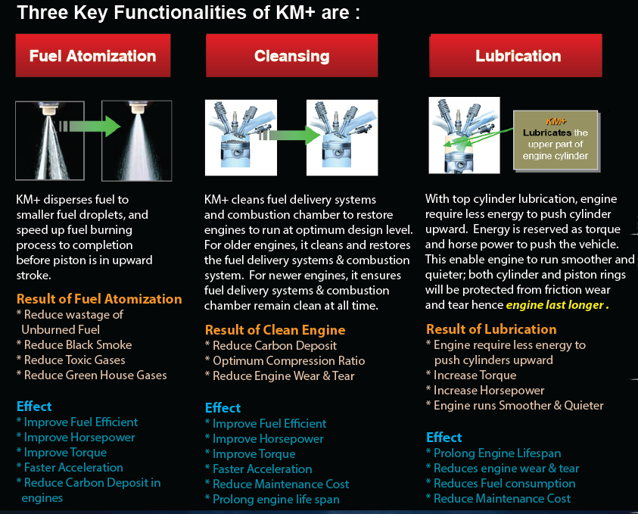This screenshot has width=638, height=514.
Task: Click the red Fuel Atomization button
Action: [93, 55]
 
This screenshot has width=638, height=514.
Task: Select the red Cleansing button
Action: [291, 55]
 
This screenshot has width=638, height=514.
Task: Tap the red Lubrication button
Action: [518, 55]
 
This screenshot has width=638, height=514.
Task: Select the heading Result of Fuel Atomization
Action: [99, 299]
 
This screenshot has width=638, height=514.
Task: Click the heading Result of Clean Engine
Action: [275, 330]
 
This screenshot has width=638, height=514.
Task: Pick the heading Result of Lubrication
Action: [491, 329]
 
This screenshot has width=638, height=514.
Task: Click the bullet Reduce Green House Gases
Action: [92, 375]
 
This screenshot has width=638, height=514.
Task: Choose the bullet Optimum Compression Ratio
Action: [285, 361]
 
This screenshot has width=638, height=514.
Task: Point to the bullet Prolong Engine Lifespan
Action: [493, 453]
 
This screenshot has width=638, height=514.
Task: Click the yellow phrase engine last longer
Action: [556, 305]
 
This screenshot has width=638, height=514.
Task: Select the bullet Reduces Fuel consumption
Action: [500, 484]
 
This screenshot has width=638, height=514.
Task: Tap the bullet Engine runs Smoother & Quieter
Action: [515, 406]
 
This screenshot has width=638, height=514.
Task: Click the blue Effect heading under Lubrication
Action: [444, 438]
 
